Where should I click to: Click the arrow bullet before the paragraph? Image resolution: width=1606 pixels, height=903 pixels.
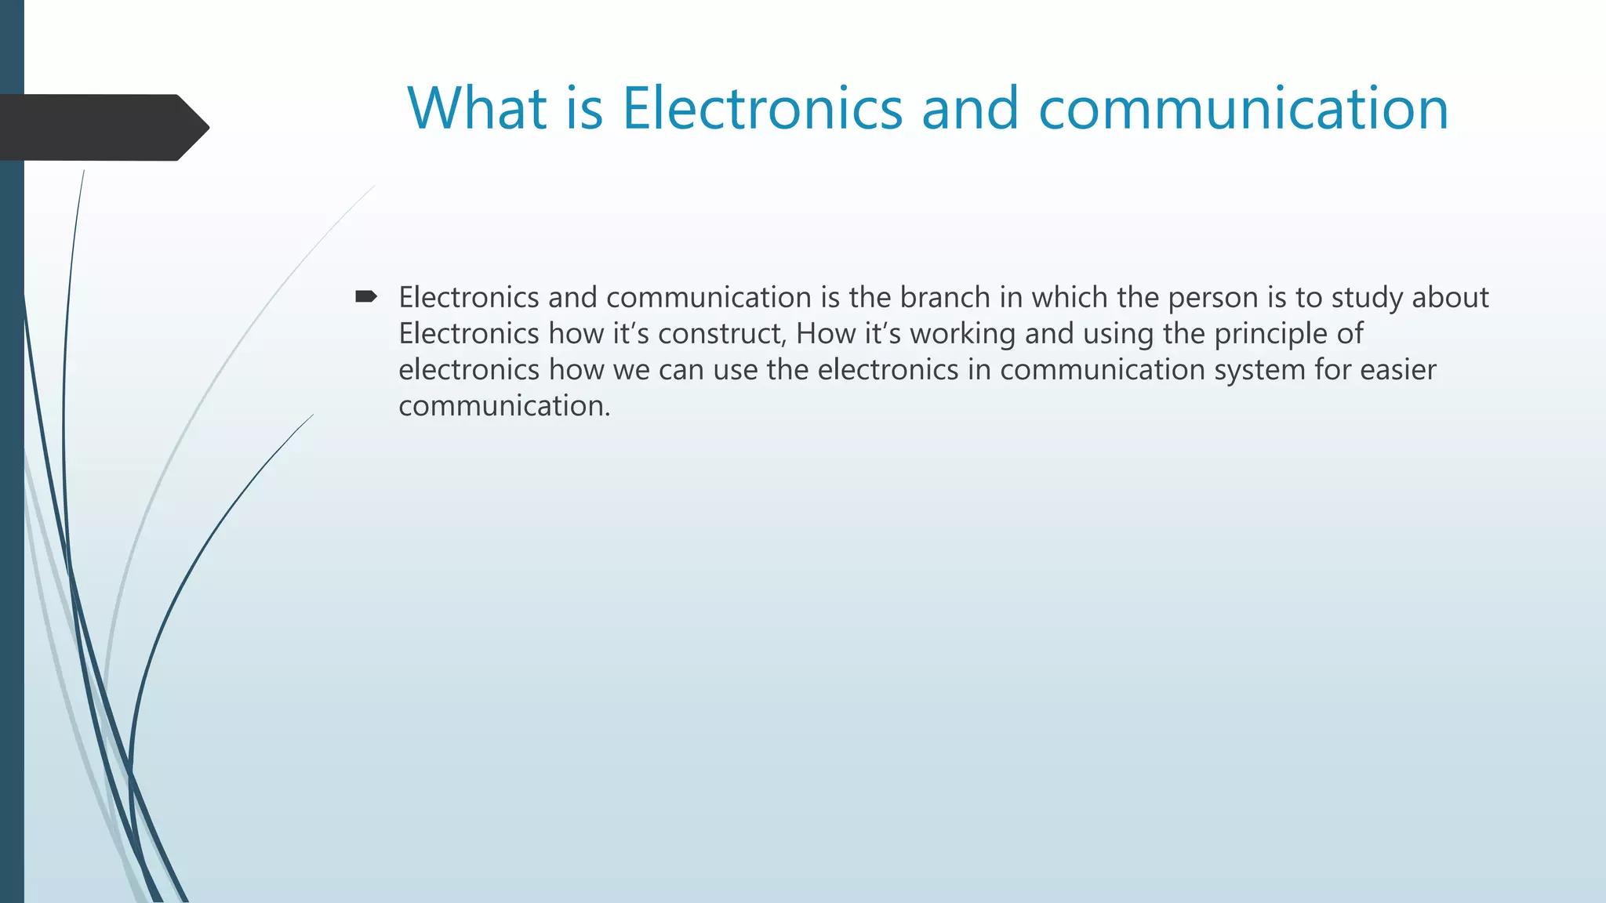[x=365, y=296]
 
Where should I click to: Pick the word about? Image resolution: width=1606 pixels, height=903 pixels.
[x=1450, y=298]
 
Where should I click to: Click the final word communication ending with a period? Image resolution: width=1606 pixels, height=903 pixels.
[x=503, y=406]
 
